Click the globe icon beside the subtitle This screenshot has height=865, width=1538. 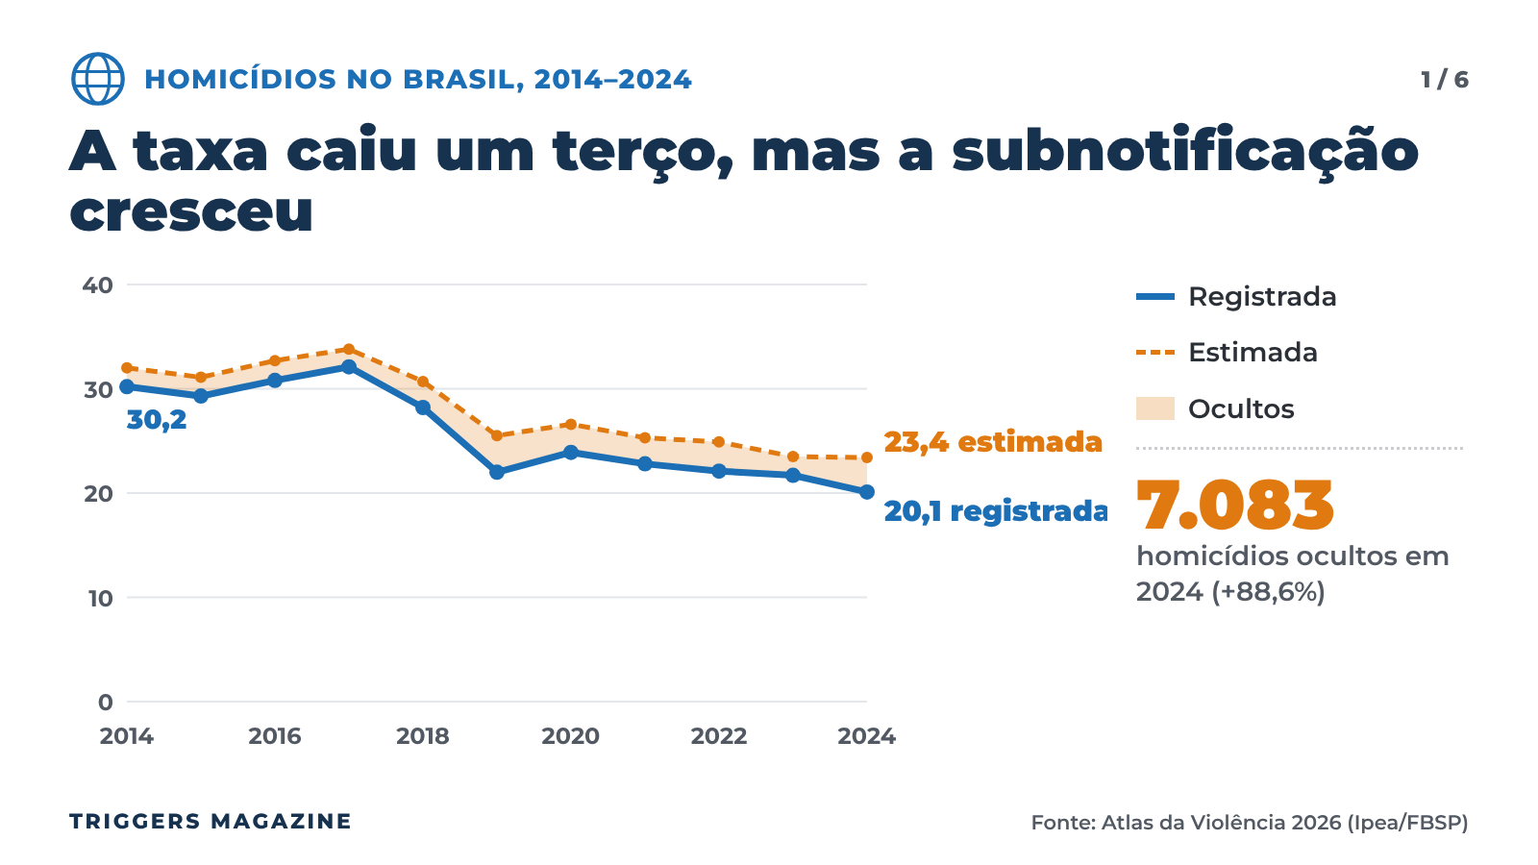(97, 79)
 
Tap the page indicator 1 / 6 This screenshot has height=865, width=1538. (1445, 80)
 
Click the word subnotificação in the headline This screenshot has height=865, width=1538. (1185, 153)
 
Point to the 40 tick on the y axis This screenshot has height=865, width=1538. (97, 284)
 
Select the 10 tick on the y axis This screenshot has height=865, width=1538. (100, 599)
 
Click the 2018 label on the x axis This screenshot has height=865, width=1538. (423, 736)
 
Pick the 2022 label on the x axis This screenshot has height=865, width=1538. (718, 736)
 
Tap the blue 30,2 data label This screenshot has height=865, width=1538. (157, 420)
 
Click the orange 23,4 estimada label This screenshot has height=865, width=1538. (993, 442)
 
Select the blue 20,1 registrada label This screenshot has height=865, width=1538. (996, 511)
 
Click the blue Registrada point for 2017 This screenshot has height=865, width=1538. (349, 366)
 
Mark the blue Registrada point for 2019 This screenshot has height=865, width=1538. (497, 472)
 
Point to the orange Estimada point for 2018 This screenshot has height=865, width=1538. (423, 382)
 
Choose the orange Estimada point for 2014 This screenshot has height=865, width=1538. (127, 368)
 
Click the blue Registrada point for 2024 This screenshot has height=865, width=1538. (867, 491)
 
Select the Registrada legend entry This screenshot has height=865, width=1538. (1236, 297)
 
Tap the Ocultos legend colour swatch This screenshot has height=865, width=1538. (1154, 408)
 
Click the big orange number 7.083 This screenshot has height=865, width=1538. (1234, 506)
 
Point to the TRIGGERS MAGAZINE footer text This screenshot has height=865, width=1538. (211, 821)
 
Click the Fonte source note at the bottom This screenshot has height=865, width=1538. (1250, 823)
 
